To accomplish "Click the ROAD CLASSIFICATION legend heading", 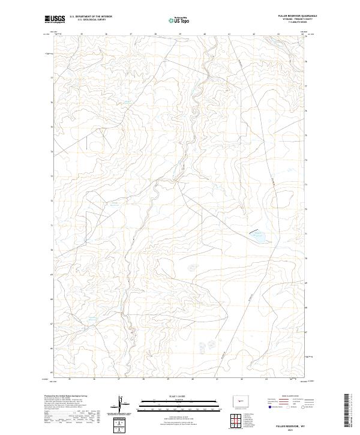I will [290, 397].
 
